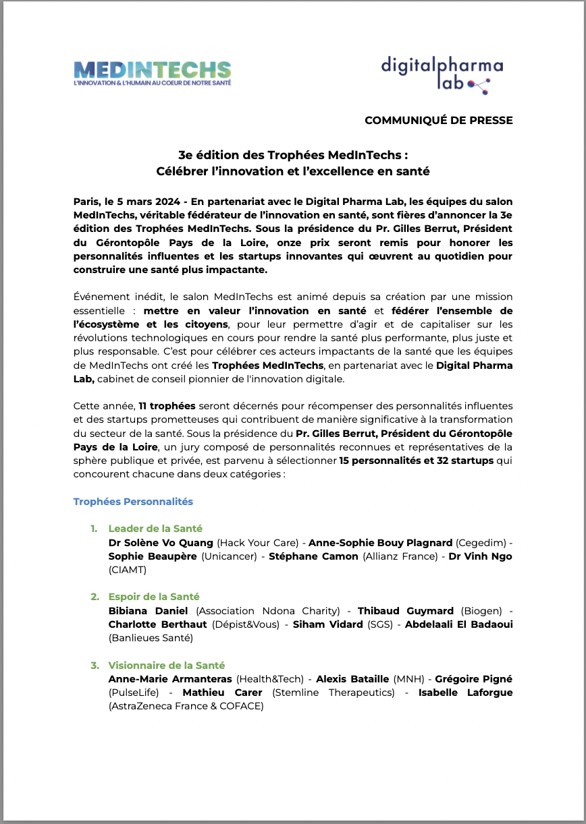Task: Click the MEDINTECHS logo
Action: click(x=152, y=73)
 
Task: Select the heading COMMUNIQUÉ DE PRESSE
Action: click(x=438, y=121)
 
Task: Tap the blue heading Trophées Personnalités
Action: click(x=133, y=502)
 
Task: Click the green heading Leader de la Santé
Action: click(x=155, y=529)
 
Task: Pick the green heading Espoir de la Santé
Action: click(x=154, y=597)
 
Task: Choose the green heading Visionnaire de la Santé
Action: click(x=167, y=666)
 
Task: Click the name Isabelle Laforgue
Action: click(x=465, y=693)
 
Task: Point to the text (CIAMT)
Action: click(x=128, y=570)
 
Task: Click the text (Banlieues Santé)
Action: click(x=151, y=638)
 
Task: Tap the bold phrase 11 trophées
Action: click(x=167, y=406)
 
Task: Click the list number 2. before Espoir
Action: click(x=95, y=597)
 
